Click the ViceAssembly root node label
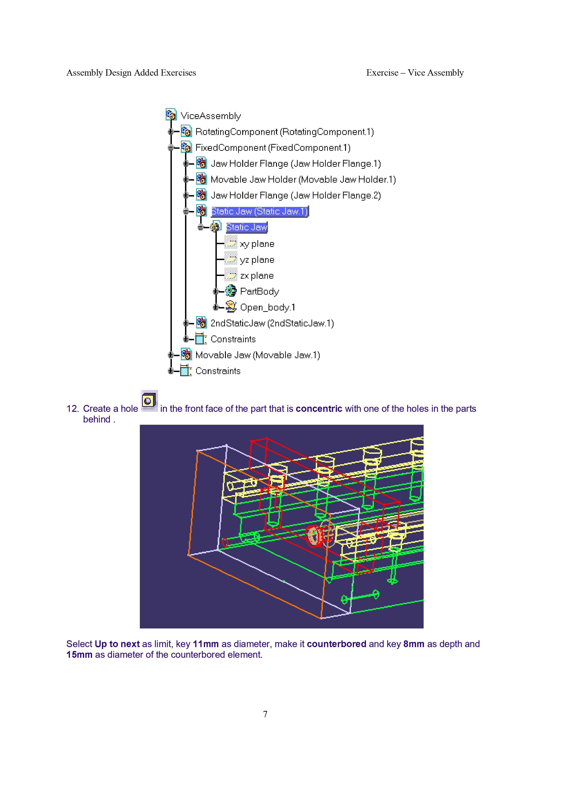click(x=211, y=116)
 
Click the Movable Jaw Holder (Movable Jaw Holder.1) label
click(x=303, y=179)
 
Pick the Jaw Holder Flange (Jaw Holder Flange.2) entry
click(x=296, y=195)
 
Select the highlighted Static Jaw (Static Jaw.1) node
click(x=259, y=211)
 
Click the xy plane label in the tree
click(x=257, y=244)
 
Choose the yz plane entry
click(x=257, y=260)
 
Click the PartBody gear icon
click(x=231, y=291)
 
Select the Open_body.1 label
click(x=267, y=308)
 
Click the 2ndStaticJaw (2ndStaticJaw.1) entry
click(x=272, y=323)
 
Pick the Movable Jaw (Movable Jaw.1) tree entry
click(x=257, y=355)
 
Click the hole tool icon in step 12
click(x=149, y=401)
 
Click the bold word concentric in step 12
click(x=319, y=409)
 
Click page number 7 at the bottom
click(x=265, y=714)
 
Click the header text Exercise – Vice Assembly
click(x=415, y=73)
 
